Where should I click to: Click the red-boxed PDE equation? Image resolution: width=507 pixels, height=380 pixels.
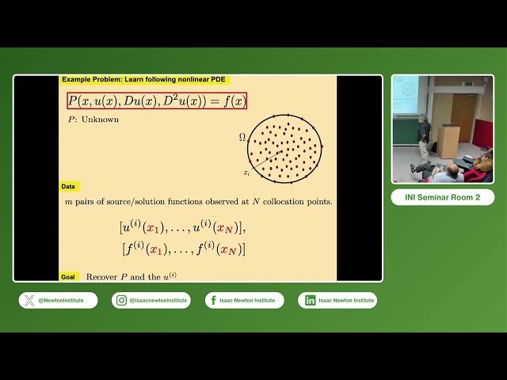point(157,101)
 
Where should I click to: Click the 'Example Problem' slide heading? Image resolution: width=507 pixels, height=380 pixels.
point(146,80)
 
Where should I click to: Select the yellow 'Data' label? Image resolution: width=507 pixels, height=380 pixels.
point(69,187)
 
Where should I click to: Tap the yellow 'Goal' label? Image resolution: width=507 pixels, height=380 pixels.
point(69,277)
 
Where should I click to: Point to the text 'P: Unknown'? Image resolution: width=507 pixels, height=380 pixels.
point(93,120)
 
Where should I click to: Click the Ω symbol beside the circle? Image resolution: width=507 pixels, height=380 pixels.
point(242,137)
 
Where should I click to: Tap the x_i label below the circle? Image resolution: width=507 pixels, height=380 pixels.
point(247,172)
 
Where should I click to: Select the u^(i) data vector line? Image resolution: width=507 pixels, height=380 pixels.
point(182,228)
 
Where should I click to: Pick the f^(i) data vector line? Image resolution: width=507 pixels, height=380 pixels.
point(184,248)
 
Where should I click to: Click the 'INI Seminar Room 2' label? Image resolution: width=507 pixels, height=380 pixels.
point(442,197)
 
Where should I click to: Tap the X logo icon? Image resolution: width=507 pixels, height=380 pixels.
point(29,300)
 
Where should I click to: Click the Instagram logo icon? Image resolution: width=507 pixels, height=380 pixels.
point(122,300)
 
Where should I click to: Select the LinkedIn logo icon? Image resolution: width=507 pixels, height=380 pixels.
point(310,300)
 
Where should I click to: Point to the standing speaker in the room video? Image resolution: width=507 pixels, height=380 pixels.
point(424,136)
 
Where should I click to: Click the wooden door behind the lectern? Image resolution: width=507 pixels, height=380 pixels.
point(463,116)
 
